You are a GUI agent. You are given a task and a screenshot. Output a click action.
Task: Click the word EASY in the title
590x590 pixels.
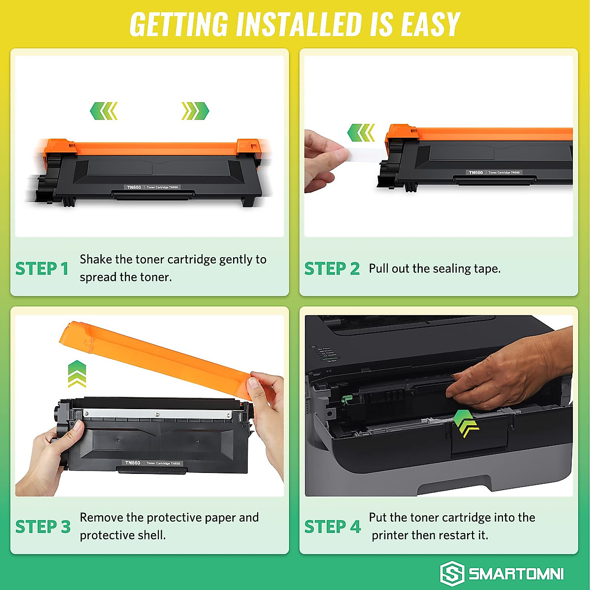[430, 24]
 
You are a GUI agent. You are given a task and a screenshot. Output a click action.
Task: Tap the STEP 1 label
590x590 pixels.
[42, 268]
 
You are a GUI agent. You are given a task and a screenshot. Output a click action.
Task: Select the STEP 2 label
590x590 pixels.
[332, 268]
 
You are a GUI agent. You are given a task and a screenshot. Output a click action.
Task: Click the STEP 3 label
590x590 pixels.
[43, 527]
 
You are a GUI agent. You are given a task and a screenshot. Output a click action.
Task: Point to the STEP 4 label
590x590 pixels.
[332, 527]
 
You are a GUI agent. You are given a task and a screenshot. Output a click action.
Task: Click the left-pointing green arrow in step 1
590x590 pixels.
[104, 111]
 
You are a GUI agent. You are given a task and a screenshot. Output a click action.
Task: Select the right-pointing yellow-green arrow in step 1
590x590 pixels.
[195, 111]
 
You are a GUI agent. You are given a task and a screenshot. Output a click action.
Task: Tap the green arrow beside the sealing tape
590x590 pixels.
[361, 133]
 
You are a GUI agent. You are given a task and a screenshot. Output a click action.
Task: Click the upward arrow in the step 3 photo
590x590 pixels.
[77, 373]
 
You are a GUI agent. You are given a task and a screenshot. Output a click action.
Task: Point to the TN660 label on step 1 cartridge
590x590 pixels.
[134, 187]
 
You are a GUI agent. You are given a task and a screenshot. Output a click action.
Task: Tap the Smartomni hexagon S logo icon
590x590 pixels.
[452, 573]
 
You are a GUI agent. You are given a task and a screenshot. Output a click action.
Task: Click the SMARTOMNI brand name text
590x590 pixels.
[516, 574]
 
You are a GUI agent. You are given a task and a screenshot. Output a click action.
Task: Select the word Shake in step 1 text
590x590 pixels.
[95, 259]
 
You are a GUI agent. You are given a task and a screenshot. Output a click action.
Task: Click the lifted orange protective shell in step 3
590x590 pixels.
[162, 354]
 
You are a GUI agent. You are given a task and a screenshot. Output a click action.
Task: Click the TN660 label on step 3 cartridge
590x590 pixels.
[133, 463]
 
